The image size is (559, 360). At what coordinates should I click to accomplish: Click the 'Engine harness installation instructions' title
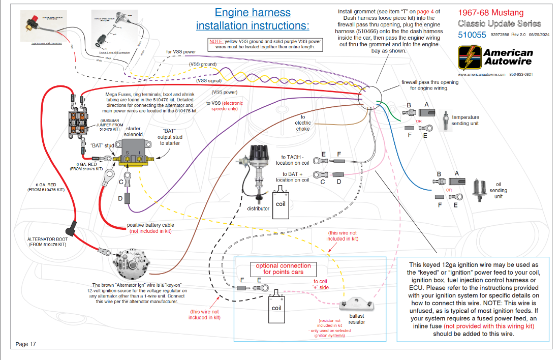pyautogui.click(x=253, y=19)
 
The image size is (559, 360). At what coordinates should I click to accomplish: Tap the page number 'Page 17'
pyautogui.click(x=26, y=344)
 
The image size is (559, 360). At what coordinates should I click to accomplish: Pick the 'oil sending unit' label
pyautogui.click(x=501, y=190)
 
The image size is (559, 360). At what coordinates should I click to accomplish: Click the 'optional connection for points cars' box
pyautogui.click(x=283, y=268)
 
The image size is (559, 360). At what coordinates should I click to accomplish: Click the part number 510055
pyautogui.click(x=473, y=36)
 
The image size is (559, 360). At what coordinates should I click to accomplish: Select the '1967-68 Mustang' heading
pyautogui.click(x=490, y=12)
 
